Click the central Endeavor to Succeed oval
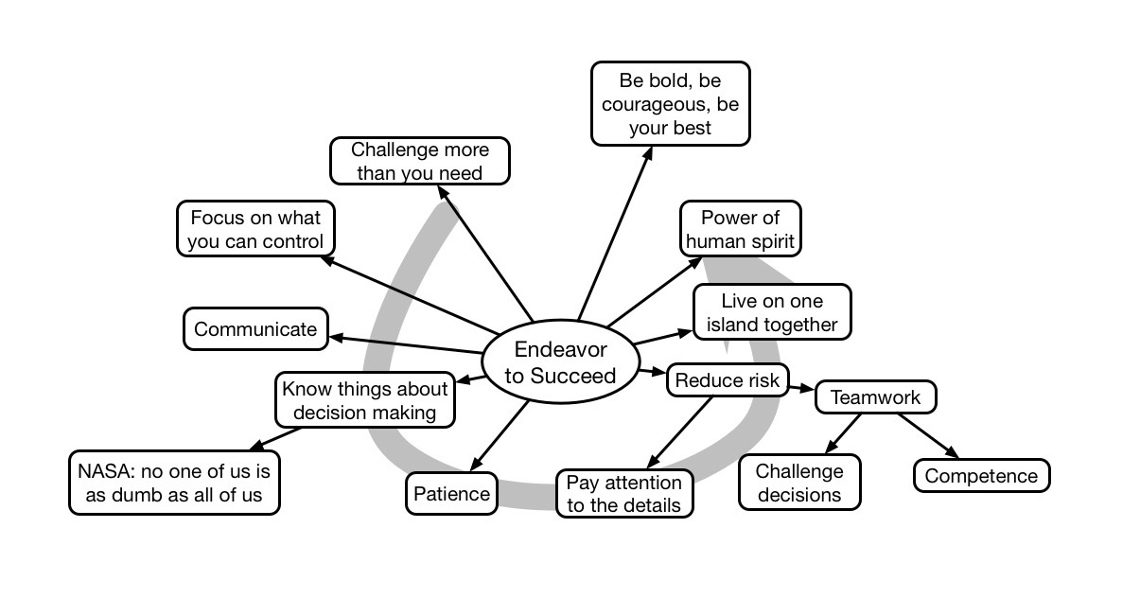pyautogui.click(x=559, y=362)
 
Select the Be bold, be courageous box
pyautogui.click(x=670, y=104)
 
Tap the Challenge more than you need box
pyautogui.click(x=420, y=161)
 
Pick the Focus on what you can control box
pyautogui.click(x=255, y=229)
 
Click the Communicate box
pyautogui.click(x=255, y=329)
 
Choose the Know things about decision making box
pyautogui.click(x=364, y=400)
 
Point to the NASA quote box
pyautogui.click(x=175, y=482)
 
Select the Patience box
pyautogui.click(x=451, y=493)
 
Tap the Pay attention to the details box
pyautogui.click(x=623, y=493)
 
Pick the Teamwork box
pyautogui.click(x=875, y=397)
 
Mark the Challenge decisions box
pyautogui.click(x=798, y=482)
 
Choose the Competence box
pyautogui.click(x=981, y=476)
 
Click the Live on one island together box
pyautogui.click(x=772, y=313)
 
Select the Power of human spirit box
pyautogui.click(x=740, y=229)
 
